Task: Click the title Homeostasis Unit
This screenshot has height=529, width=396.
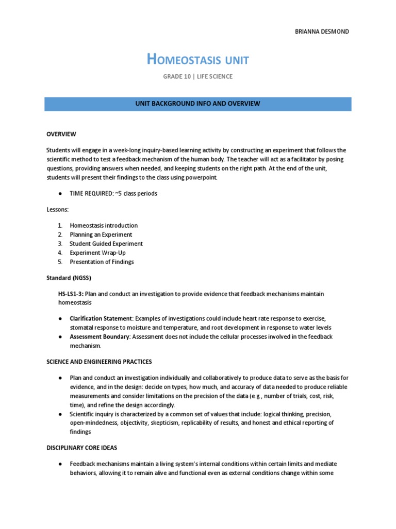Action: pos(198,60)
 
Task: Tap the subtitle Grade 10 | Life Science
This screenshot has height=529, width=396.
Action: pos(198,76)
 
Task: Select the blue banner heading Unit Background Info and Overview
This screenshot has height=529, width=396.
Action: pos(198,103)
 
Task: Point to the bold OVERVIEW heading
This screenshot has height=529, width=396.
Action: pos(61,134)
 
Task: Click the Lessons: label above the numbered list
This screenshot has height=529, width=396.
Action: pos(57,210)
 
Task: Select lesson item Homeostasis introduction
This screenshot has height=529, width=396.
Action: pos(104,226)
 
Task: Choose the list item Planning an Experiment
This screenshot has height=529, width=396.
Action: pos(101,235)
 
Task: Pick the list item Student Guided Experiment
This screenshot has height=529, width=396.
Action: pos(106,244)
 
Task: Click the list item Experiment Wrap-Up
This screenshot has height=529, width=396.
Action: pos(97,253)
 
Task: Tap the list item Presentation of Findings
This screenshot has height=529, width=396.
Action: pos(102,262)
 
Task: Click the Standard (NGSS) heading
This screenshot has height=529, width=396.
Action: pos(69,278)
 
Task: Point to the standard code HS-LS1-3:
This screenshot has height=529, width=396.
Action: pos(71,294)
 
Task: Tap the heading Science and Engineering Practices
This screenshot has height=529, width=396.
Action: pos(99,361)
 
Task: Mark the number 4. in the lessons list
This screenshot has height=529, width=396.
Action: pos(60,253)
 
